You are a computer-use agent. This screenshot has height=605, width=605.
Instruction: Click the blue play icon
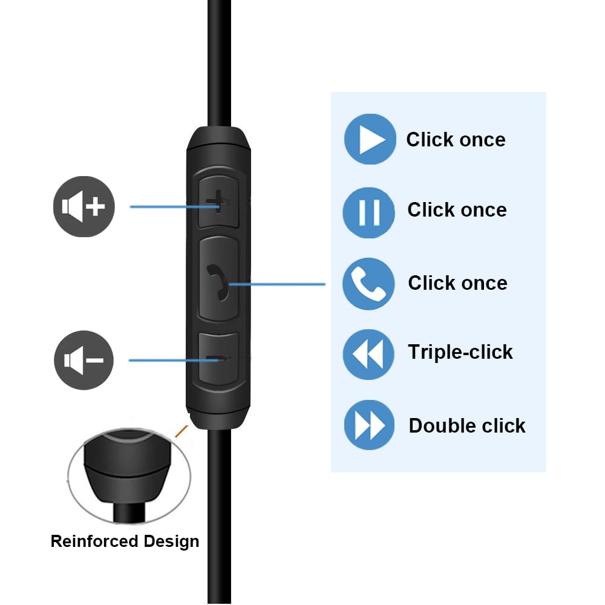(x=370, y=140)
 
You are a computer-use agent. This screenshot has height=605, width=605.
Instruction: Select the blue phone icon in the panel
(x=368, y=283)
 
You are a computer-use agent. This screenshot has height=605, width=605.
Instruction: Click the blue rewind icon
(x=368, y=354)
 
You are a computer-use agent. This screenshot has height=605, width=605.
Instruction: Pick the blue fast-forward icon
(x=369, y=425)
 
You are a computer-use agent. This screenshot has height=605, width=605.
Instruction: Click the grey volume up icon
(x=83, y=206)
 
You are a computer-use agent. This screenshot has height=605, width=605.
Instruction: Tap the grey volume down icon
(x=83, y=361)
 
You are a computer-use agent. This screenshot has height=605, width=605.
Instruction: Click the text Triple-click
(x=460, y=352)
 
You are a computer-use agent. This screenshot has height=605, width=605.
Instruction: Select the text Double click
(x=467, y=426)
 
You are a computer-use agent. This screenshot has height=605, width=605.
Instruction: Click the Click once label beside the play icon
(x=456, y=140)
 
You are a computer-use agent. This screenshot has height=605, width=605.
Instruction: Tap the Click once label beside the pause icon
(x=457, y=210)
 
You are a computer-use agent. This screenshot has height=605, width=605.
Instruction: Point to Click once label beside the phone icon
(x=457, y=283)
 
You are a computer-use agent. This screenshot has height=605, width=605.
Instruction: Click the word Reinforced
(x=94, y=541)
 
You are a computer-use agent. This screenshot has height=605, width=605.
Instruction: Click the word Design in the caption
(x=171, y=541)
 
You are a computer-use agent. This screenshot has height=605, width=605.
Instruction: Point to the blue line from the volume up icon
(x=169, y=206)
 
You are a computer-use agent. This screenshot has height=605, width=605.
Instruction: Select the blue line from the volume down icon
(x=169, y=360)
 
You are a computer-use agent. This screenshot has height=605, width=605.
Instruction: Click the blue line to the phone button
(x=278, y=284)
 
